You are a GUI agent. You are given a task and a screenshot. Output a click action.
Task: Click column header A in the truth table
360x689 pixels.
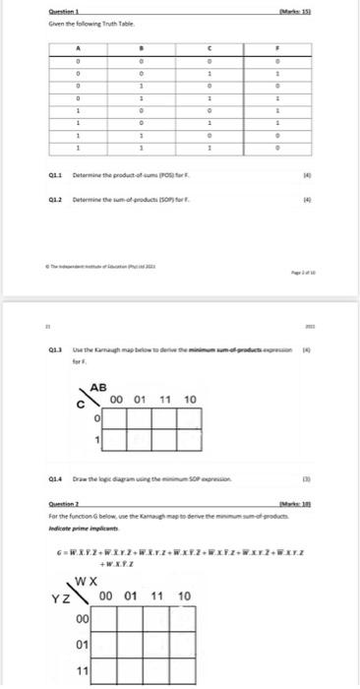point(79,46)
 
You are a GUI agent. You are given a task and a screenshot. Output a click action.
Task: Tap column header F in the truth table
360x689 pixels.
point(279,46)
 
